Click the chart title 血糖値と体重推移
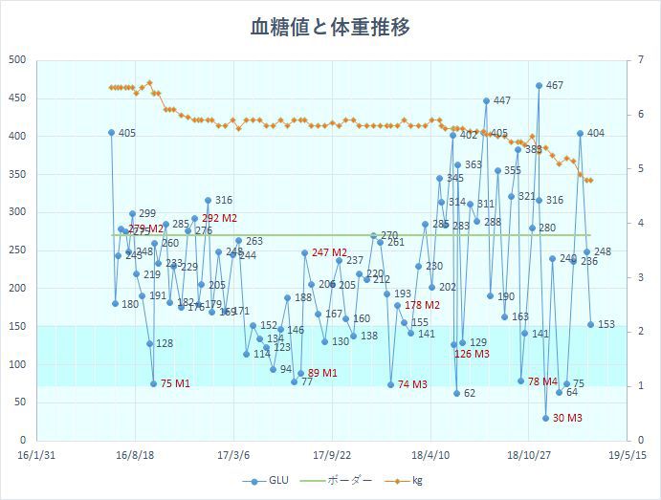[x=330, y=27]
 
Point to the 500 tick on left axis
[x=16, y=60]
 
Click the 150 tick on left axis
[x=16, y=326]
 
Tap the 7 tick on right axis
[x=637, y=60]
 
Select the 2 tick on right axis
[x=637, y=332]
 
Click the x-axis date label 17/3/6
[x=233, y=456]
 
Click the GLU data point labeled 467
[x=539, y=85]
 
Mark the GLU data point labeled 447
[x=486, y=100]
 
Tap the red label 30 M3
[x=568, y=418]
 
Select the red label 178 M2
[x=422, y=305]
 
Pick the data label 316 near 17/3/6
[x=224, y=201]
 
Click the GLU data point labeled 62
[x=457, y=393]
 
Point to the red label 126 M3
[x=472, y=355]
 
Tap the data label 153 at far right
[x=606, y=324]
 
